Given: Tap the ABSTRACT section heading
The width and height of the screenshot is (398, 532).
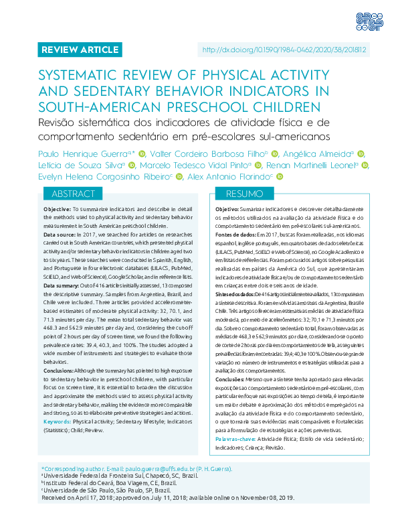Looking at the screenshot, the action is point(72,194).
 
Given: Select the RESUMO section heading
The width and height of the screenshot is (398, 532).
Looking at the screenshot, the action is point(240,194).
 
